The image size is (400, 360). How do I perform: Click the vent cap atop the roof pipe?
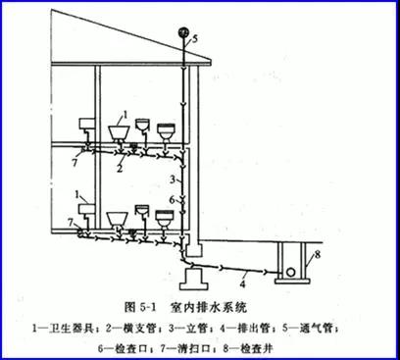tap(183, 31)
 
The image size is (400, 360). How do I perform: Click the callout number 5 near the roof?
tap(195, 39)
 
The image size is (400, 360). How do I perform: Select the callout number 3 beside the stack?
tap(174, 180)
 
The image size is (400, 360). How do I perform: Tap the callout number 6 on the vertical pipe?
tap(173, 200)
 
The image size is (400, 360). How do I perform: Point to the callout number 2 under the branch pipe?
tap(120, 168)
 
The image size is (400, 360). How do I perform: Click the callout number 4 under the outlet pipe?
tap(242, 283)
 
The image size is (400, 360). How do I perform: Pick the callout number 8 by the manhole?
tap(317, 254)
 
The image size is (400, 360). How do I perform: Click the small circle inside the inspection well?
tap(290, 272)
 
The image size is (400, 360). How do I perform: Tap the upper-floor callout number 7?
tap(75, 162)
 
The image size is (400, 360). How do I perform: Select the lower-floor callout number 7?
tap(71, 223)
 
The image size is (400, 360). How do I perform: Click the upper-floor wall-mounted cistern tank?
tap(86, 124)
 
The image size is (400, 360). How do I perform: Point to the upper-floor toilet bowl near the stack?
tap(166, 131)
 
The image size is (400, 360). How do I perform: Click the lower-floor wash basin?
tap(117, 219)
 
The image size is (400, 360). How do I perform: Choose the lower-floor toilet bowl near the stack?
tap(165, 219)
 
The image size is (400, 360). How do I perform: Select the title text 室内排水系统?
tap(208, 307)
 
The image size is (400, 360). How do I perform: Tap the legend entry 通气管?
tap(316, 328)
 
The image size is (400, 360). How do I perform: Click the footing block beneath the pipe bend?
tap(194, 279)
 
